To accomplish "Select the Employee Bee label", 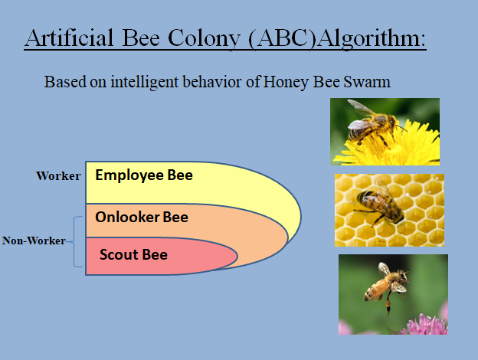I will [143, 175].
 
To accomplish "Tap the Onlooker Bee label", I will [141, 217].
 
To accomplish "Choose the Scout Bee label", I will [133, 254].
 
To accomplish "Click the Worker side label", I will [58, 176].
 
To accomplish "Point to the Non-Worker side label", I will [34, 241].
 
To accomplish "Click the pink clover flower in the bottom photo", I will [421, 325].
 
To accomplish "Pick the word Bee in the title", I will [148, 38].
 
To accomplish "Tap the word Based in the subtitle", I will [62, 82].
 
